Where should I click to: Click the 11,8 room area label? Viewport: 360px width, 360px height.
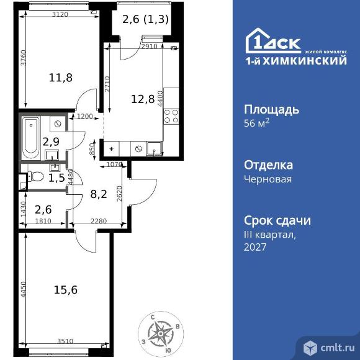point(61,78)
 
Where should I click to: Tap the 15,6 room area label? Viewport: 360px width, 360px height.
point(66,290)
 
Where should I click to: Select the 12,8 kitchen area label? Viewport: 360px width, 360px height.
point(143,99)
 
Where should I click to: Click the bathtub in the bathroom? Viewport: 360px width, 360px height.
point(31,138)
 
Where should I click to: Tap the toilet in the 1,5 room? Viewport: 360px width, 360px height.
point(36,176)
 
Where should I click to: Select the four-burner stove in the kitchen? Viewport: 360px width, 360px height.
point(171,116)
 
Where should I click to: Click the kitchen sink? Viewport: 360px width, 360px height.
point(154,149)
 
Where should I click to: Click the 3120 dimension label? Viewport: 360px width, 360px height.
point(60,14)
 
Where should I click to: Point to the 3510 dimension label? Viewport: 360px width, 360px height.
point(65,341)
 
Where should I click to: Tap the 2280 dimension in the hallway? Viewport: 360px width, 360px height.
point(99,221)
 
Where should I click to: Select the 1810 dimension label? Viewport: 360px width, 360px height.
point(43,221)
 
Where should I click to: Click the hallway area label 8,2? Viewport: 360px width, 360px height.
point(99,194)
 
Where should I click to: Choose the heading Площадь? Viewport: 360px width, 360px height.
point(271,110)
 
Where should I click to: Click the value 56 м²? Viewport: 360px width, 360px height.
point(256,123)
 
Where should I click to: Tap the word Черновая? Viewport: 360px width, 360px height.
point(268,179)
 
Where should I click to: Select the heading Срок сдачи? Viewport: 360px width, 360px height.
point(277,220)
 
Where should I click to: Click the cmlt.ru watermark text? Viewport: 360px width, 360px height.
point(338,348)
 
